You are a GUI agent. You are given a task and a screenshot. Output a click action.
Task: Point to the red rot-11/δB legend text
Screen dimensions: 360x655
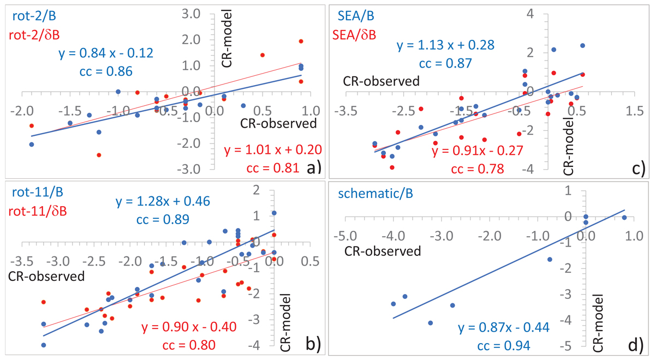[x=37, y=211]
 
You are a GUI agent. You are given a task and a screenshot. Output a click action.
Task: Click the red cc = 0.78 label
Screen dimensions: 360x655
[x=477, y=168]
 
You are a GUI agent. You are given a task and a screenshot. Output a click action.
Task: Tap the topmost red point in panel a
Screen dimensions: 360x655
[x=301, y=41]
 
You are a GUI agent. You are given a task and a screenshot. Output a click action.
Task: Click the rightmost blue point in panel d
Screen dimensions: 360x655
[x=624, y=218]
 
